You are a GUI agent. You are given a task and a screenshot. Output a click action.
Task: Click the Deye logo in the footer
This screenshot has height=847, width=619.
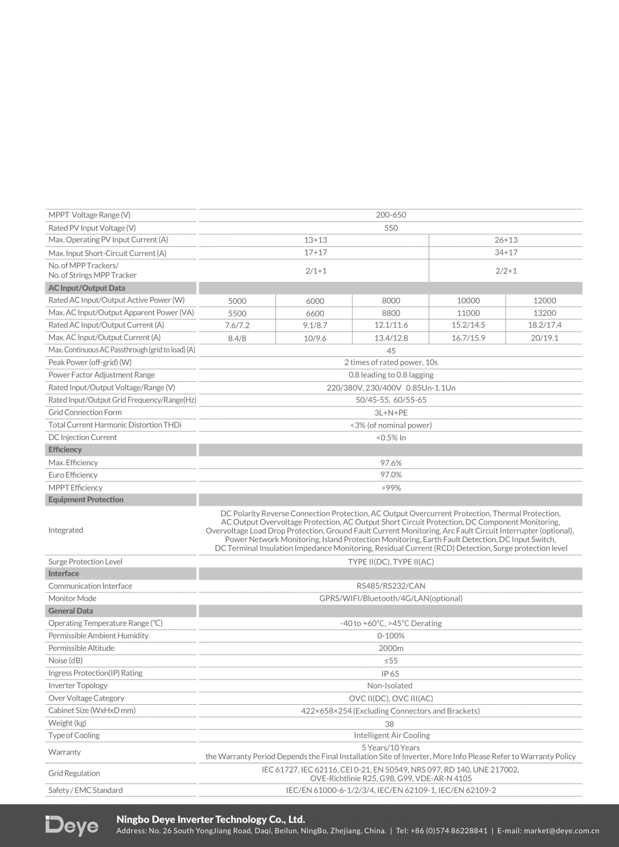point(71,826)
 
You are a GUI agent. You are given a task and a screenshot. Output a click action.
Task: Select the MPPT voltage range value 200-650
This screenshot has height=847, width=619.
point(391,215)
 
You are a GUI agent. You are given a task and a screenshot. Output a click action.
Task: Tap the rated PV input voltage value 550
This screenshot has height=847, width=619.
point(391,228)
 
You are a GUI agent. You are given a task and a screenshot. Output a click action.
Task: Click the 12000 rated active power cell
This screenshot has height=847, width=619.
point(544,301)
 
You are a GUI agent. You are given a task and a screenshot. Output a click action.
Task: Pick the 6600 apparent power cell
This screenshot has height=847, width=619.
point(314,313)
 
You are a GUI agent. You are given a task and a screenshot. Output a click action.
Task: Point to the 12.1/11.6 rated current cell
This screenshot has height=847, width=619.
point(391,325)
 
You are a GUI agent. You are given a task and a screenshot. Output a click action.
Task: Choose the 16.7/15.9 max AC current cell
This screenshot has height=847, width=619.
point(468,338)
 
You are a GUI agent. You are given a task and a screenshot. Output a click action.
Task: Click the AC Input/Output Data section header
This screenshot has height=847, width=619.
point(86,288)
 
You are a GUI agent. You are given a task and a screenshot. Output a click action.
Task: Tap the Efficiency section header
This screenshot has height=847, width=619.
point(65,450)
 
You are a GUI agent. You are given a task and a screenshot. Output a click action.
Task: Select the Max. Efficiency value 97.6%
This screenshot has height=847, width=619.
point(391,463)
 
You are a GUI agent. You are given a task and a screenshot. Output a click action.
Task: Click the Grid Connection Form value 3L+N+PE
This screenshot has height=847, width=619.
point(391,413)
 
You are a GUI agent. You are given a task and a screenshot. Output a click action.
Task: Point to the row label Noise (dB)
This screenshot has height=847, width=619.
point(66,661)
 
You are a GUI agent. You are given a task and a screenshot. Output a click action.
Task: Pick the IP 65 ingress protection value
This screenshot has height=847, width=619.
point(391,673)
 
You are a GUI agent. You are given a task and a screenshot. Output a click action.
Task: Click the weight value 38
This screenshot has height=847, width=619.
point(389,724)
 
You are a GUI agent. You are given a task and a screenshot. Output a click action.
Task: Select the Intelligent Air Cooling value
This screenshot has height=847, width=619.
point(392,736)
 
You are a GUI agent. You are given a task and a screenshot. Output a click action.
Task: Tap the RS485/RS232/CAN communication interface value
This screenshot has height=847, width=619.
point(391,586)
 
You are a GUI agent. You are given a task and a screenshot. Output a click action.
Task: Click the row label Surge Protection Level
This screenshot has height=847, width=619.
point(85,561)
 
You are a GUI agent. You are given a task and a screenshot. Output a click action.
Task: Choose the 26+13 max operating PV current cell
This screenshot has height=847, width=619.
point(505,240)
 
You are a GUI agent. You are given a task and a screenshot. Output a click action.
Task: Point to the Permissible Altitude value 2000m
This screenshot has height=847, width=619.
point(391,649)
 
